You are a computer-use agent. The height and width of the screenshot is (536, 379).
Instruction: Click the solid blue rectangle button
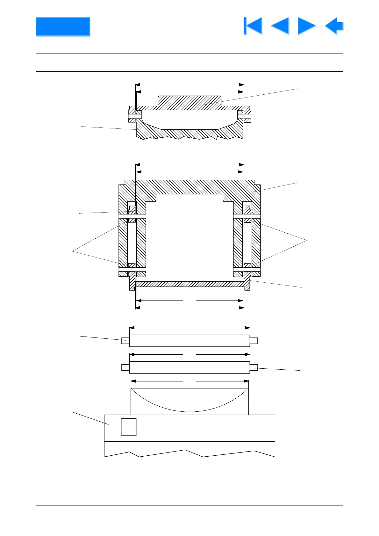pyautogui.click(x=63, y=26)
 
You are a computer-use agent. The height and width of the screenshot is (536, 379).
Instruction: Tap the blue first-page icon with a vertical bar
pyautogui.click(x=253, y=26)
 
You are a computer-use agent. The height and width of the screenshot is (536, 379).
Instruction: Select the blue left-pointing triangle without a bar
pyautogui.click(x=280, y=26)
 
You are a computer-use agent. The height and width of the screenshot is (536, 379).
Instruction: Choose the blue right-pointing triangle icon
pyautogui.click(x=307, y=26)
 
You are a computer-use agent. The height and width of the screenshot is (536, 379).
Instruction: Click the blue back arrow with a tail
pyautogui.click(x=334, y=26)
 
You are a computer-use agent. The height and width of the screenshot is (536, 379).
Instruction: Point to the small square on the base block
pyautogui.click(x=129, y=427)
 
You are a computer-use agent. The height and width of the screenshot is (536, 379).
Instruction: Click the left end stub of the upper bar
pyautogui.click(x=125, y=341)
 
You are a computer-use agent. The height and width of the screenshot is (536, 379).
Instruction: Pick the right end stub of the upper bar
pyautogui.click(x=254, y=341)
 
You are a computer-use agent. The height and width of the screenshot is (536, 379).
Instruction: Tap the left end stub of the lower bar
pyautogui.click(x=125, y=367)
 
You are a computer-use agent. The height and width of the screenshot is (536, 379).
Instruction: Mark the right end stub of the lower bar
pyautogui.click(x=254, y=367)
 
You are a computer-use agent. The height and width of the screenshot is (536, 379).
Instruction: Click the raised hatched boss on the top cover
pyautogui.click(x=189, y=101)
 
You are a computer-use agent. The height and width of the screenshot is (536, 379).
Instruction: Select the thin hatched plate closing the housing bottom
pyautogui.click(x=189, y=284)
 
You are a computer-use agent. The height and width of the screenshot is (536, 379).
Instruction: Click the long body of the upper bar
pyautogui.click(x=189, y=341)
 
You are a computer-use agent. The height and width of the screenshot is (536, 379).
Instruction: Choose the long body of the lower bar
pyautogui.click(x=189, y=367)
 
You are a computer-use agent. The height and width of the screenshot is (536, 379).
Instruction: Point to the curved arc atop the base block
pyautogui.click(x=189, y=411)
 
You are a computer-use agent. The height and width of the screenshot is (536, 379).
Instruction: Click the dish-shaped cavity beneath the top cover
pyautogui.click(x=189, y=120)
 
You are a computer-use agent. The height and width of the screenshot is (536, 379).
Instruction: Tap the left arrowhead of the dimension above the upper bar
pyautogui.click(x=132, y=328)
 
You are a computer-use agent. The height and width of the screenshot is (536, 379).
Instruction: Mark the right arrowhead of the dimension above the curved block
pyautogui.click(x=246, y=381)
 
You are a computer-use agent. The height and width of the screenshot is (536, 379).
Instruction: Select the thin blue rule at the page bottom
pyautogui.click(x=189, y=505)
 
